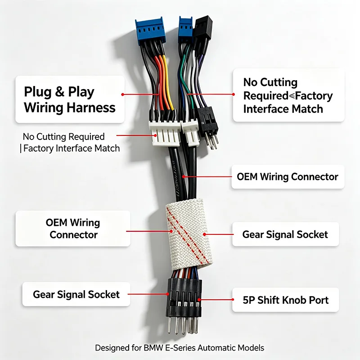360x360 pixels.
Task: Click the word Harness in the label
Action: pyautogui.click(x=91, y=108)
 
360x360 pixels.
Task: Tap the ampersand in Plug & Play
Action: pyautogui.click(x=60, y=92)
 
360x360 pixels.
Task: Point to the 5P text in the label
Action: pyautogui.click(x=249, y=300)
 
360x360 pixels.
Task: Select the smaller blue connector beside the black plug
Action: pyautogui.click(x=185, y=29)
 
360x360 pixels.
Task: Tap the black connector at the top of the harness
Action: pyautogui.click(x=202, y=27)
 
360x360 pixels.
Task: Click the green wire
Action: pyautogui.click(x=186, y=76)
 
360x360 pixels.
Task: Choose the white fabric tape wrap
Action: pyautogui.click(x=189, y=234)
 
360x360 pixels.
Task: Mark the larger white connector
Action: pyautogui.click(x=164, y=133)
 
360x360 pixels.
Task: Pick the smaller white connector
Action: pyautogui.click(x=190, y=133)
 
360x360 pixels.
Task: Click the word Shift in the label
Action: pyautogui.click(x=268, y=300)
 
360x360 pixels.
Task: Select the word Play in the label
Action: pyautogui.click(x=81, y=92)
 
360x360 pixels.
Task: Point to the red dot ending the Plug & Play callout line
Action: pyautogui.click(x=122, y=94)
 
